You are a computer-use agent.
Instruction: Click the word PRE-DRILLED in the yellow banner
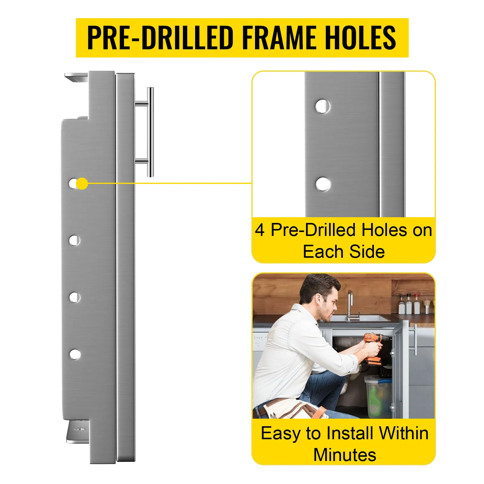click(160, 38)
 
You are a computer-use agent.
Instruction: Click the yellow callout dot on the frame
click(82, 184)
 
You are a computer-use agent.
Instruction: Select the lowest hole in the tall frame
click(75, 354)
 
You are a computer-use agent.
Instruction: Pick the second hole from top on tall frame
click(74, 240)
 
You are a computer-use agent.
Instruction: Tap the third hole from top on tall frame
click(74, 297)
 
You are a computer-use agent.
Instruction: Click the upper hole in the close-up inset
click(322, 106)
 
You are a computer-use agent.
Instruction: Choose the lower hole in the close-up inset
click(323, 184)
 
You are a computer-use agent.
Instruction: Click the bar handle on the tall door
click(150, 132)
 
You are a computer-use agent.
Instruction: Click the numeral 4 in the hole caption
click(260, 230)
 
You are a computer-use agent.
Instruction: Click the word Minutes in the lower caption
click(345, 455)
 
